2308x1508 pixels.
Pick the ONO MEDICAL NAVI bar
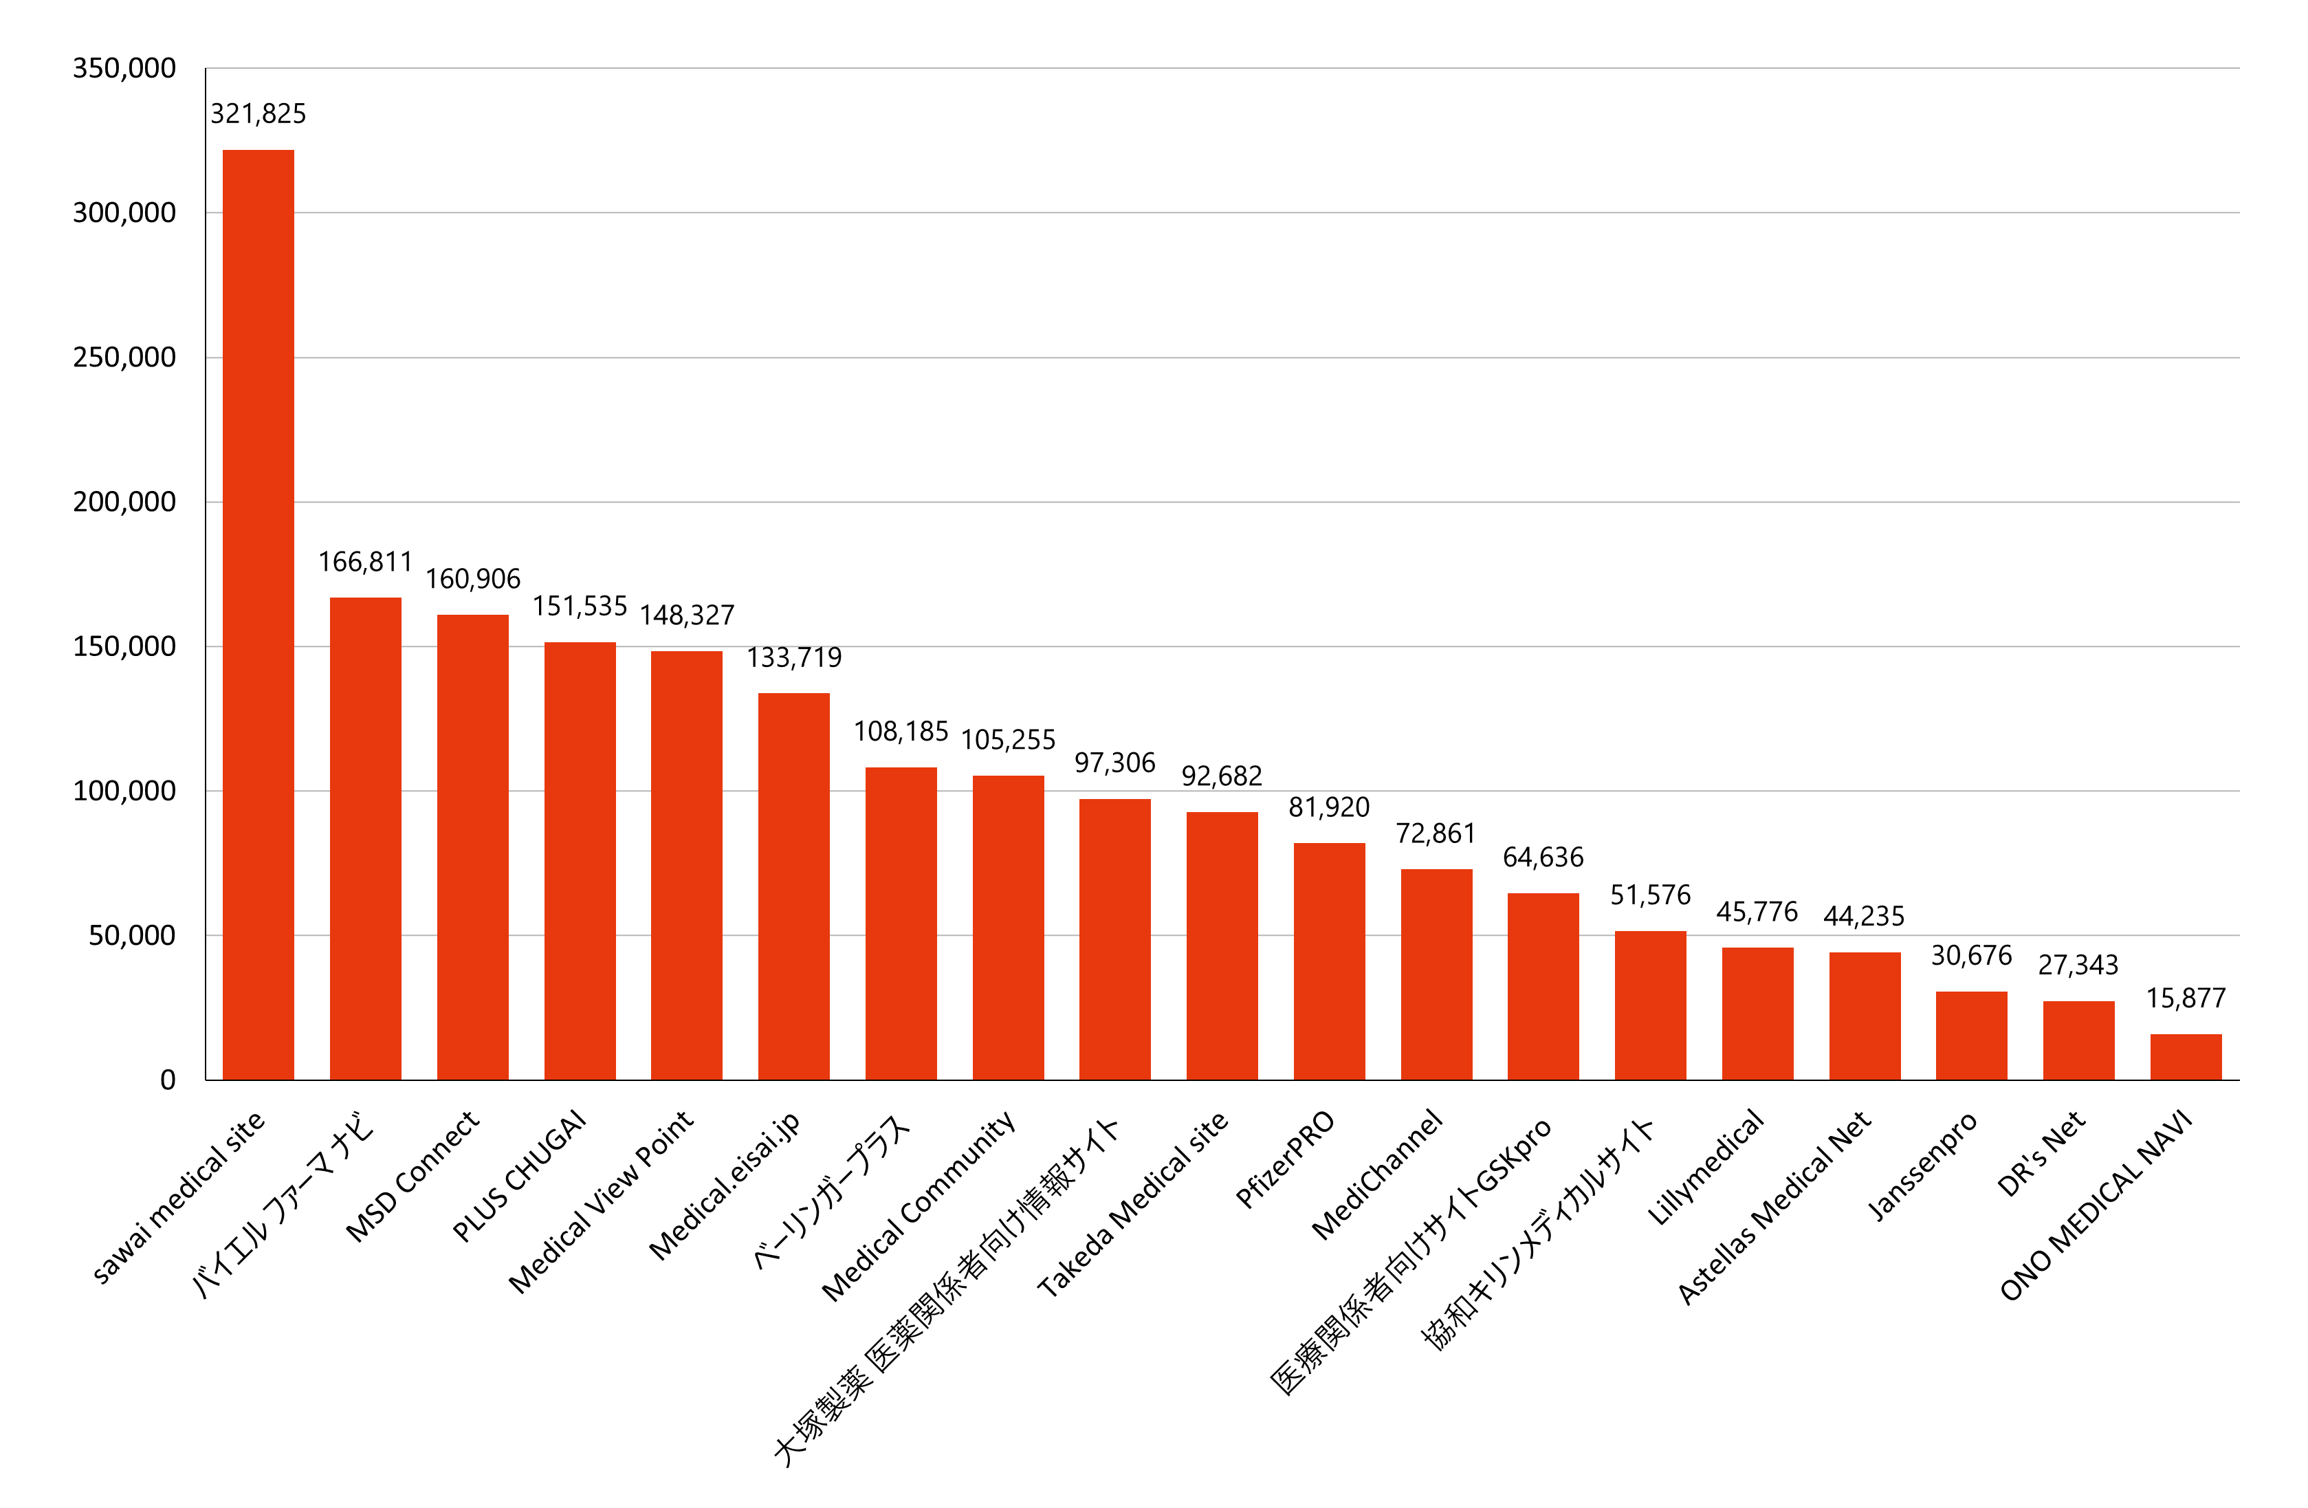pyautogui.click(x=2186, y=1057)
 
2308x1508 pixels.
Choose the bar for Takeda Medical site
pyautogui.click(x=1222, y=946)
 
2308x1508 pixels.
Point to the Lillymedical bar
pyautogui.click(x=1757, y=1014)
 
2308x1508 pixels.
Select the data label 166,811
pyautogui.click(x=366, y=562)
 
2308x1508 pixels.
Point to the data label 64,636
pyautogui.click(x=1543, y=857)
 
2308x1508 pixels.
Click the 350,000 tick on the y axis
pyautogui.click(x=124, y=69)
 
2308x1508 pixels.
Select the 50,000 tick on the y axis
pyautogui.click(x=132, y=936)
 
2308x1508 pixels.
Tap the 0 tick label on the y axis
pyautogui.click(x=168, y=1080)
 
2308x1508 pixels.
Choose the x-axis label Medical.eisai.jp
pyautogui.click(x=725, y=1185)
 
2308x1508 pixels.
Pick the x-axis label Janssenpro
pyautogui.click(x=1922, y=1167)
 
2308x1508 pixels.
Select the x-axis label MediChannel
pyautogui.click(x=1377, y=1175)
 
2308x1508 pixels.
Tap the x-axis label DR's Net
pyautogui.click(x=2041, y=1154)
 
